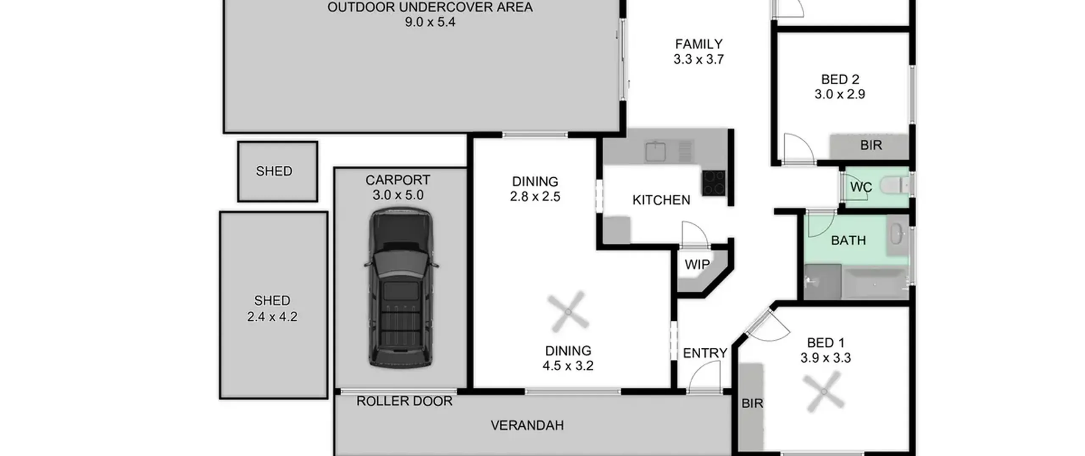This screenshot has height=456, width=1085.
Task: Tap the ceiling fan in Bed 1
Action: click(824, 392)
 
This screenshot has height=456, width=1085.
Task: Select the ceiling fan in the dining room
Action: click(568, 312)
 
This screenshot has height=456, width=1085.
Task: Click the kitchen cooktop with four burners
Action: click(714, 183)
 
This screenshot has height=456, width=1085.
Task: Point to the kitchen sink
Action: click(655, 151)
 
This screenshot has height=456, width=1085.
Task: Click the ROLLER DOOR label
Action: click(404, 401)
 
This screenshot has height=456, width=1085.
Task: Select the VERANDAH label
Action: click(527, 425)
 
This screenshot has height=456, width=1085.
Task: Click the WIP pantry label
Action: click(697, 264)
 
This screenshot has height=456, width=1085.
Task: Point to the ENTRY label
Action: click(705, 353)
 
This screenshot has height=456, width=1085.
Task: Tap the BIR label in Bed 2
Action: click(871, 145)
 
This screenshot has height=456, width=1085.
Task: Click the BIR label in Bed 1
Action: click(752, 403)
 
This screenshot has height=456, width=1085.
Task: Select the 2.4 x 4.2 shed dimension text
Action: click(272, 316)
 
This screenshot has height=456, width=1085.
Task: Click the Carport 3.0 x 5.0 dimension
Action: click(398, 195)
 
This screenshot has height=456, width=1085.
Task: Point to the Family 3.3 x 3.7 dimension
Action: click(699, 59)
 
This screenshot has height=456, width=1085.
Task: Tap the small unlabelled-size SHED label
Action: click(274, 171)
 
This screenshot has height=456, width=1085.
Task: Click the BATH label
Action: click(848, 241)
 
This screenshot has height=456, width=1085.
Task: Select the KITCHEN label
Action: click(661, 200)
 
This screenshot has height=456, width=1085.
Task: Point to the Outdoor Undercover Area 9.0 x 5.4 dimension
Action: click(430, 22)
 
